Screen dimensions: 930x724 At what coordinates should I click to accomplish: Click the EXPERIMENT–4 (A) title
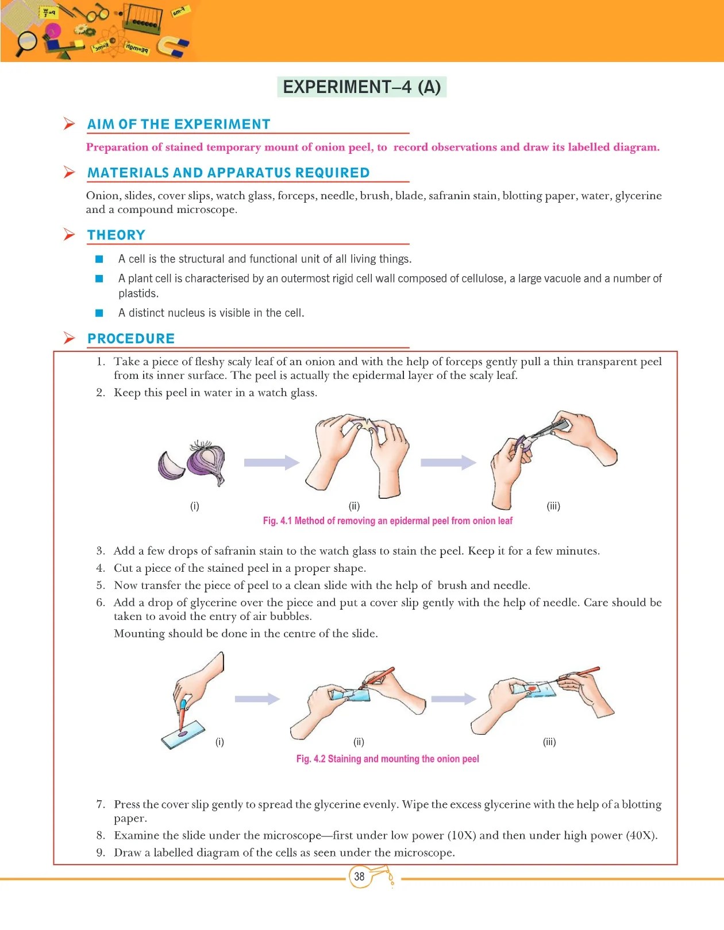coord(361,87)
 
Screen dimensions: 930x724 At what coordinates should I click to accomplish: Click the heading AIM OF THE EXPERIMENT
coord(179,125)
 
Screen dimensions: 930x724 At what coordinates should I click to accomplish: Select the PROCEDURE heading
coord(131,339)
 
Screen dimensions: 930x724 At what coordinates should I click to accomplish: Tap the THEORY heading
coord(116,235)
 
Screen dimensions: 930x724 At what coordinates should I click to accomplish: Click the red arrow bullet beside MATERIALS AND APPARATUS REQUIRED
coord(70,172)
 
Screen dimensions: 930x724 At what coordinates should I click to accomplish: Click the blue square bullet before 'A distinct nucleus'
coord(99,313)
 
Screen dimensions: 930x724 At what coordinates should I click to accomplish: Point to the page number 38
coord(359,877)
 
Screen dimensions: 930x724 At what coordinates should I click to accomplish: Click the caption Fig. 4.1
coord(387,521)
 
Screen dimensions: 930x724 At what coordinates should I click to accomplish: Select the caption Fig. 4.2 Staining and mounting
coord(387,759)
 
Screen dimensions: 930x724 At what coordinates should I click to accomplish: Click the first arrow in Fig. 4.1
coord(271,462)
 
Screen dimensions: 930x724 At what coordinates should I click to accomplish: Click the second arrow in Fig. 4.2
coord(453,699)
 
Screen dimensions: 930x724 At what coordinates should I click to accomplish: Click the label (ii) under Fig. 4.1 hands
coord(354,506)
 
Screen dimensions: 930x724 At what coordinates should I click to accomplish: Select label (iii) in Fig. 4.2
coord(549,742)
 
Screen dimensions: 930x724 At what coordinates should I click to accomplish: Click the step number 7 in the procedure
coord(101,804)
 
